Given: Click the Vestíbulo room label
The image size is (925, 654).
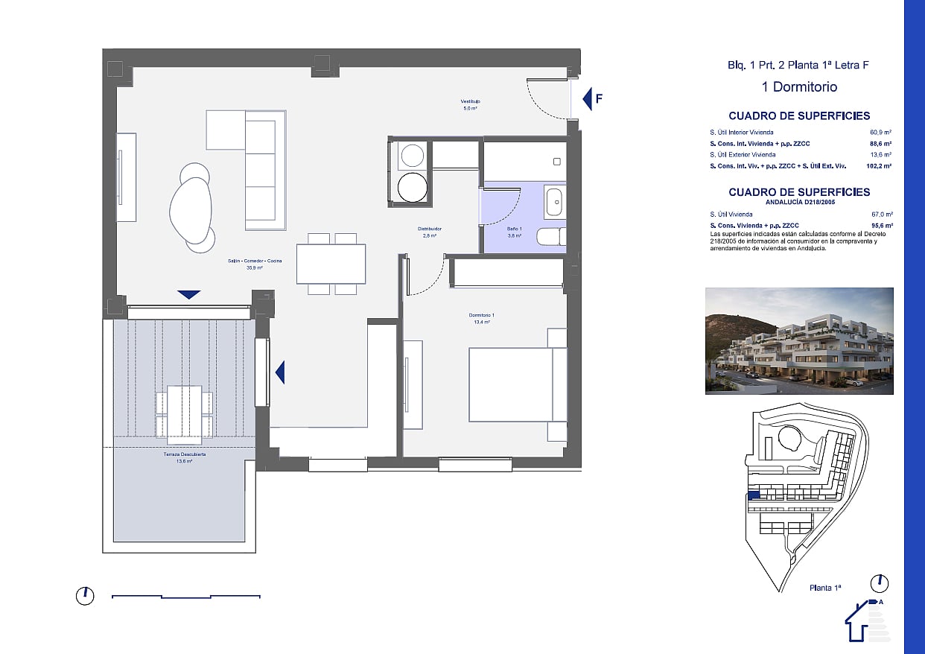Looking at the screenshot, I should tap(469, 104).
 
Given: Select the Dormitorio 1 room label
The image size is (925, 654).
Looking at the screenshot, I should tap(483, 319).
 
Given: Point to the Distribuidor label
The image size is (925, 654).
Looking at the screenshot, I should tap(430, 232).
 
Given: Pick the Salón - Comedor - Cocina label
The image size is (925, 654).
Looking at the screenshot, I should tap(255, 264).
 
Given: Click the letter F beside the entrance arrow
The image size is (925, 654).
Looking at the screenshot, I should tap(599, 98).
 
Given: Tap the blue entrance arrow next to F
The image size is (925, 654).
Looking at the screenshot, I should tap(587, 98).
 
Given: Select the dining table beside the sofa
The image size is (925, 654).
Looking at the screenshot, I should tap(331, 264).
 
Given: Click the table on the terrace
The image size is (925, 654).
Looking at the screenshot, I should tap(184, 414).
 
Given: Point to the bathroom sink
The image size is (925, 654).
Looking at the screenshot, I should tap(553, 202).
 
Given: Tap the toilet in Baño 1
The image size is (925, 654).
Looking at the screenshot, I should tap(552, 238).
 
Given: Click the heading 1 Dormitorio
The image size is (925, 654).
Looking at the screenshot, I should tap(799, 87).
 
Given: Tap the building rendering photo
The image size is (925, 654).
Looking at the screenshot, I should tap(799, 341).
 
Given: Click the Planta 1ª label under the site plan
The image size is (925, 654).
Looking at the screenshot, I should tap(825, 588).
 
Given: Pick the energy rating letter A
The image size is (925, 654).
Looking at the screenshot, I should tap(880, 602).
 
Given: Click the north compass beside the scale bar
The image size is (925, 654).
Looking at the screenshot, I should tap(85, 596).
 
